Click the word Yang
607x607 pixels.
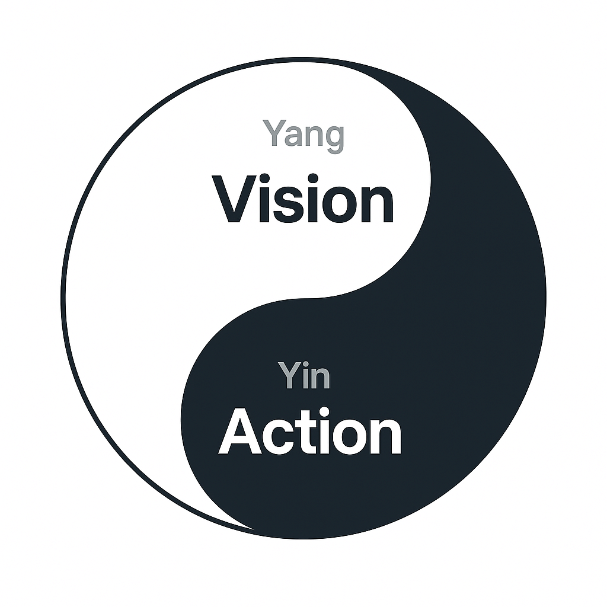(x=303, y=136)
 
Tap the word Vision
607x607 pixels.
(x=302, y=199)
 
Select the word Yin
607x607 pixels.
(x=304, y=375)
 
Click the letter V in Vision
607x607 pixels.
(x=234, y=199)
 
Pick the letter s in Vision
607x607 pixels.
(x=288, y=205)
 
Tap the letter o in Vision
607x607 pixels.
(x=339, y=205)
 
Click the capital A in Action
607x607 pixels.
(x=240, y=431)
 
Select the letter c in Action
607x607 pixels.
(x=279, y=437)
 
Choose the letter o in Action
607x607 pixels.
(x=350, y=437)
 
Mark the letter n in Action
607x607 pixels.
(x=385, y=436)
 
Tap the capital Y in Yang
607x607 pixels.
(x=274, y=132)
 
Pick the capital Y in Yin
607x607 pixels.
(x=289, y=375)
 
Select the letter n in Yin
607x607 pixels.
(x=321, y=378)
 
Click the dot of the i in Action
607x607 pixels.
(x=324, y=411)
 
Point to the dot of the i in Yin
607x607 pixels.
(x=306, y=364)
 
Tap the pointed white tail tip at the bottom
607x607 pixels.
(x=254, y=529)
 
